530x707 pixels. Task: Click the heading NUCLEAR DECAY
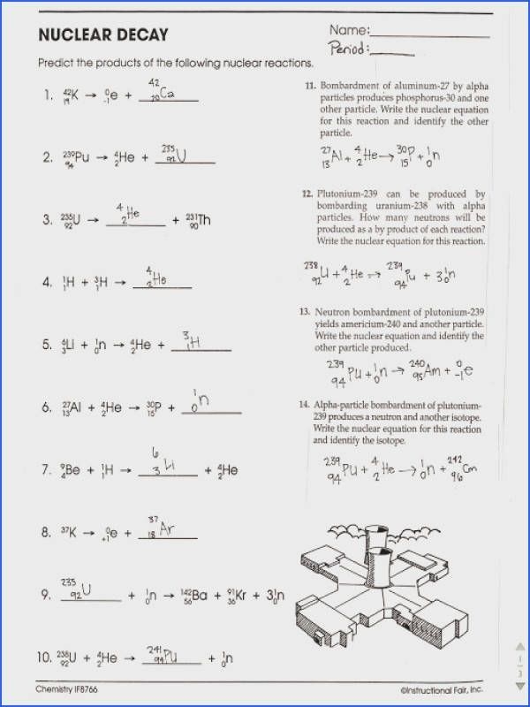[x=102, y=35]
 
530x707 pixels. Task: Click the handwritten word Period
[x=348, y=49]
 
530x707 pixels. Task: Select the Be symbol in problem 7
[x=77, y=471]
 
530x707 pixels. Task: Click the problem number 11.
[x=310, y=87]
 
